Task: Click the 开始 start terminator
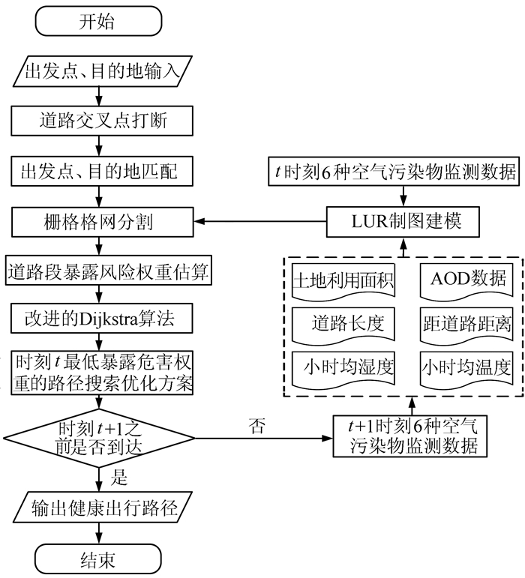coord(97,21)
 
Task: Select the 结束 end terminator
coord(97,559)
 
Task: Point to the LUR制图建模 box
coord(403,222)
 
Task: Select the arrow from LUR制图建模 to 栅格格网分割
coord(262,222)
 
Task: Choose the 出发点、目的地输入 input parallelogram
coord(97,73)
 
